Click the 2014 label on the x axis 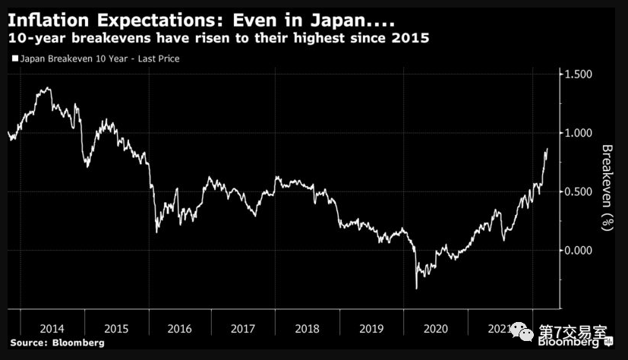click(x=52, y=329)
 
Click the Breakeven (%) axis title click(x=607, y=187)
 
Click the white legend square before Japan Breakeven click(x=14, y=58)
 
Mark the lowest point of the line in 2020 click(x=416, y=289)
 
